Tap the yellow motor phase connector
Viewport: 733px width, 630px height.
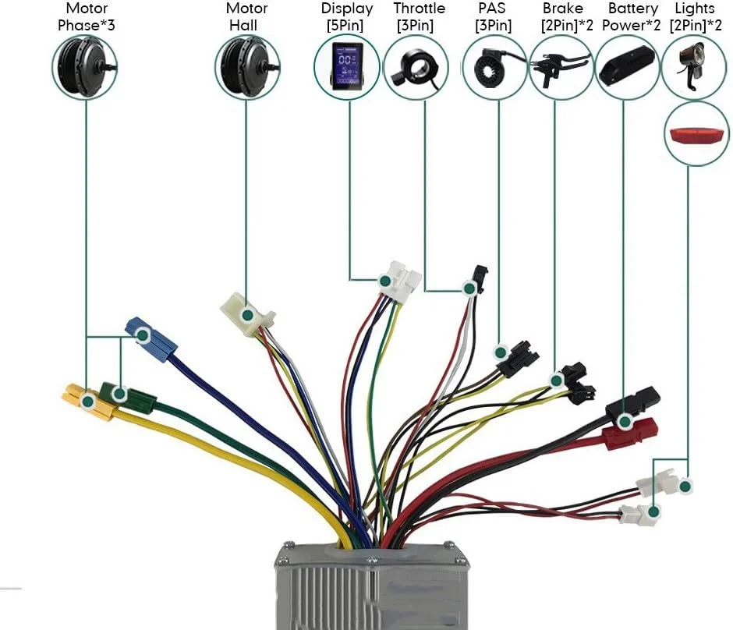[87, 401]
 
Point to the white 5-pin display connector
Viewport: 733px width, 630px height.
[398, 281]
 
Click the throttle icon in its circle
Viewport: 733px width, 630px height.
[414, 68]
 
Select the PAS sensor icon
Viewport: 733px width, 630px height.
[494, 68]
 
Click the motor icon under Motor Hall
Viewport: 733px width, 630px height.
[246, 68]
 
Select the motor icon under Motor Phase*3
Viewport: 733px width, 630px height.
[85, 68]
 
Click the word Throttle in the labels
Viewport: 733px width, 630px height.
[420, 9]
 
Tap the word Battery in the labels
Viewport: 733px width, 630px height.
[632, 9]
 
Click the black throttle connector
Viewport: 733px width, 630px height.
[478, 278]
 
